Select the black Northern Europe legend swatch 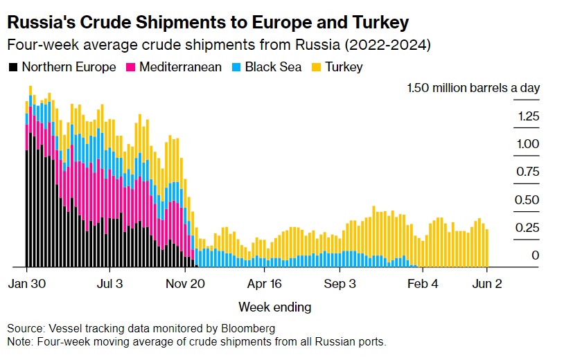[x=13, y=67]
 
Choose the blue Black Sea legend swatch [x=235, y=67]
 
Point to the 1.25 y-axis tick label [x=528, y=116]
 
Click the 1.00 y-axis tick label [x=528, y=144]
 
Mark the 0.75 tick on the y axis [x=528, y=172]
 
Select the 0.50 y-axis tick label [x=528, y=200]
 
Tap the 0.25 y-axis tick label [x=528, y=228]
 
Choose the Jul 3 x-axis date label [x=109, y=283]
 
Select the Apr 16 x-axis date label [x=265, y=283]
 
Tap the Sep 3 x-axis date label [x=341, y=283]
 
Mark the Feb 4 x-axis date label [x=422, y=283]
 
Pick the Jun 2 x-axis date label [x=486, y=283]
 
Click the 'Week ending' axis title [x=275, y=307]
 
